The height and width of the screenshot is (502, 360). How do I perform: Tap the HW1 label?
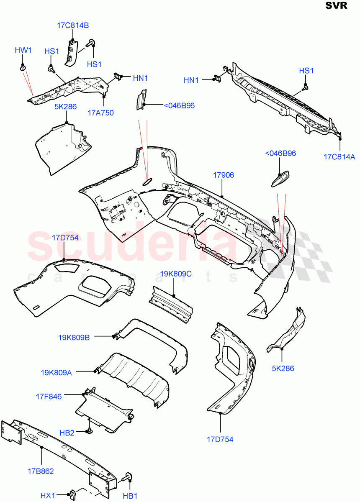coord(23,51)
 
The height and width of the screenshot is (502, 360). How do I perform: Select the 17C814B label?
coord(73,25)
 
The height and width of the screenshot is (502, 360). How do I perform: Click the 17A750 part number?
coord(100,113)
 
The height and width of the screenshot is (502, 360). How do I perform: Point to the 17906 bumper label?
coord(223,176)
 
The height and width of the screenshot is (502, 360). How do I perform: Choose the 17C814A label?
coord(339,157)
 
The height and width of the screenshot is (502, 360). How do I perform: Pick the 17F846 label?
coord(49,396)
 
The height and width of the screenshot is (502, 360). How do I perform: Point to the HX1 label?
coord(48,496)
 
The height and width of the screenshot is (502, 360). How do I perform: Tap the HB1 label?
coord(130,496)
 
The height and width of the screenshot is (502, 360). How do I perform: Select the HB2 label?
coord(67,433)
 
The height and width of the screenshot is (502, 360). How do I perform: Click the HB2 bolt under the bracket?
coord(89,430)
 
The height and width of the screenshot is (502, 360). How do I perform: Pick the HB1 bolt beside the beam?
coord(127,477)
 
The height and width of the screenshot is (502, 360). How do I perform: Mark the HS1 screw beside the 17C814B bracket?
coord(91,43)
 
